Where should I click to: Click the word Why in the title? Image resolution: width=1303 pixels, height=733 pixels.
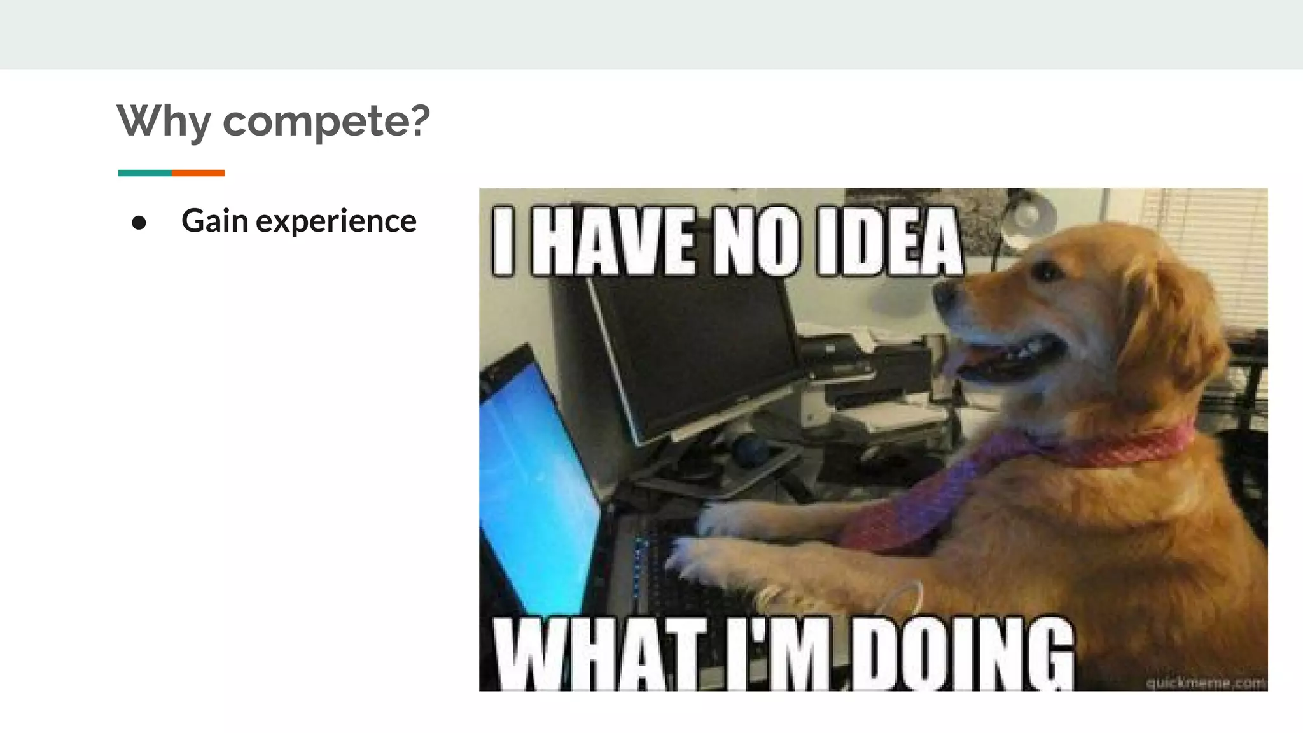click(164, 120)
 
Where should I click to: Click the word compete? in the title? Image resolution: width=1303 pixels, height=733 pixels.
click(326, 120)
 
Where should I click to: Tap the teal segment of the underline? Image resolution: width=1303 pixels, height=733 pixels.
click(144, 173)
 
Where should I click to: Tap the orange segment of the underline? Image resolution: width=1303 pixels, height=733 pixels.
click(198, 173)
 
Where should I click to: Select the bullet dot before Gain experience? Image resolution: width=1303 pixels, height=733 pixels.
click(139, 223)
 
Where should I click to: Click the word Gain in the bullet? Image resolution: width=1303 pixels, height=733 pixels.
click(214, 221)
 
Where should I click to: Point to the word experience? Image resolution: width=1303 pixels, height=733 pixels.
click(336, 222)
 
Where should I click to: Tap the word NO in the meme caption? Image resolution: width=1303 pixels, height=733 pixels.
click(756, 241)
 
